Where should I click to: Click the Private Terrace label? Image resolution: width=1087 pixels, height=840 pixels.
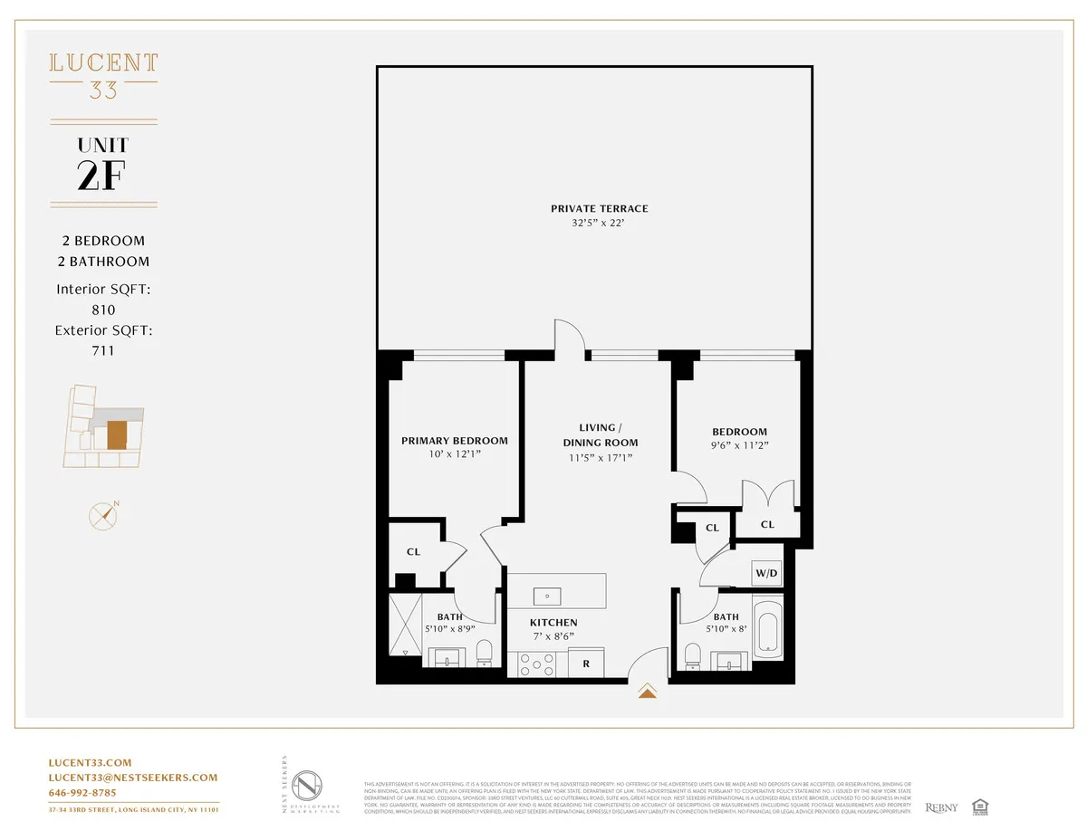tap(599, 209)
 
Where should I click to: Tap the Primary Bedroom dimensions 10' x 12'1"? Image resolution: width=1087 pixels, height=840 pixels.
tap(454, 455)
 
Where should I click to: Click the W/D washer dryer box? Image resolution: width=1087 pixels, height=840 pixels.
tap(765, 573)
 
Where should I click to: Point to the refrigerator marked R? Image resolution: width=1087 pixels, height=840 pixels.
tap(586, 663)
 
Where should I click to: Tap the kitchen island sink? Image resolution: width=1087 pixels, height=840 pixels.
tap(547, 597)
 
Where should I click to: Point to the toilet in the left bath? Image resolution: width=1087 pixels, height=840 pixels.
tap(484, 652)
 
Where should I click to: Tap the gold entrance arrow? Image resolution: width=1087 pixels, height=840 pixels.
tap(647, 692)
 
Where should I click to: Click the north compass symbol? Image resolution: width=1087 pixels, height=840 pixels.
tap(104, 515)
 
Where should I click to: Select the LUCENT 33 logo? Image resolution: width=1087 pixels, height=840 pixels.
tap(103, 75)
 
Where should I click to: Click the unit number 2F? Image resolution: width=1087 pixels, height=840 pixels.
tap(103, 176)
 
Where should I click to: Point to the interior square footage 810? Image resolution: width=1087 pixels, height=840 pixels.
tap(103, 310)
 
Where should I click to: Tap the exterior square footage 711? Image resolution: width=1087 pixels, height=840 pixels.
tap(103, 350)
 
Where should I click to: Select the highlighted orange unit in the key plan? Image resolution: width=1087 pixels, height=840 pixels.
tap(117, 434)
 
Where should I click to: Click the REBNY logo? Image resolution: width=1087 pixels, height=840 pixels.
tap(941, 807)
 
